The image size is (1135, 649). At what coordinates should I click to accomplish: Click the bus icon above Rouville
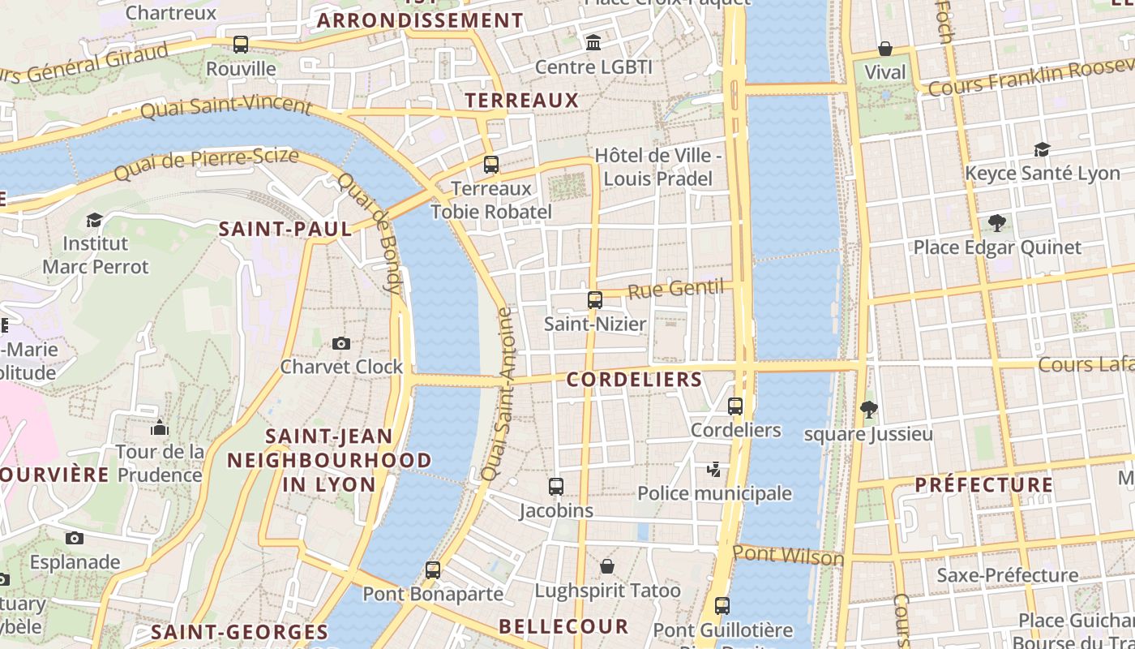[241, 45]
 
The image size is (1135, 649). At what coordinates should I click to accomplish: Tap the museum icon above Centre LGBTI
[593, 42]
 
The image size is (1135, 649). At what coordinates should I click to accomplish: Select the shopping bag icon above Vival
[885, 49]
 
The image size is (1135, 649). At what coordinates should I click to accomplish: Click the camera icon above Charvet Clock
[341, 343]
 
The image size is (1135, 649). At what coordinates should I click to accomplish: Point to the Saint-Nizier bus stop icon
[595, 300]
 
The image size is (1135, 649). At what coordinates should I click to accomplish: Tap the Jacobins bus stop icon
[556, 487]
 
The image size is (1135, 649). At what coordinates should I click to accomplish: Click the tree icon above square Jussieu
[869, 410]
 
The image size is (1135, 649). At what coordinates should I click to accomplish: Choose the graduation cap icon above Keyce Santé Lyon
[1042, 149]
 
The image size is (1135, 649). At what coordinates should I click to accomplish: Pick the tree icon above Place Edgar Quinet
[997, 223]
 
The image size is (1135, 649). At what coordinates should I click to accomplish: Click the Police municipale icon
[714, 469]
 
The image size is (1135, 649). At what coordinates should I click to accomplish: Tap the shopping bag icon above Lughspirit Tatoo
[607, 566]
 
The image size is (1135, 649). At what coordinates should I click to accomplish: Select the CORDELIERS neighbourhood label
[635, 380]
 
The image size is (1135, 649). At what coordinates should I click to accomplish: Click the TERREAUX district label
[522, 101]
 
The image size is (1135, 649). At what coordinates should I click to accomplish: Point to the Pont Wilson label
[788, 557]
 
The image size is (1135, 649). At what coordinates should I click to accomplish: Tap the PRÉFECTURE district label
[984, 485]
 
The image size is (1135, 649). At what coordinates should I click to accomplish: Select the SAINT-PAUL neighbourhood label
[285, 229]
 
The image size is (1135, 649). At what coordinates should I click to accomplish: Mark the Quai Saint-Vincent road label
[226, 107]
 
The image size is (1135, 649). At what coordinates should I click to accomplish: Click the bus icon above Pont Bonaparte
[433, 570]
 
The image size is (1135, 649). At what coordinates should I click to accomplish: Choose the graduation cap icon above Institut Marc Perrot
[95, 220]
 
